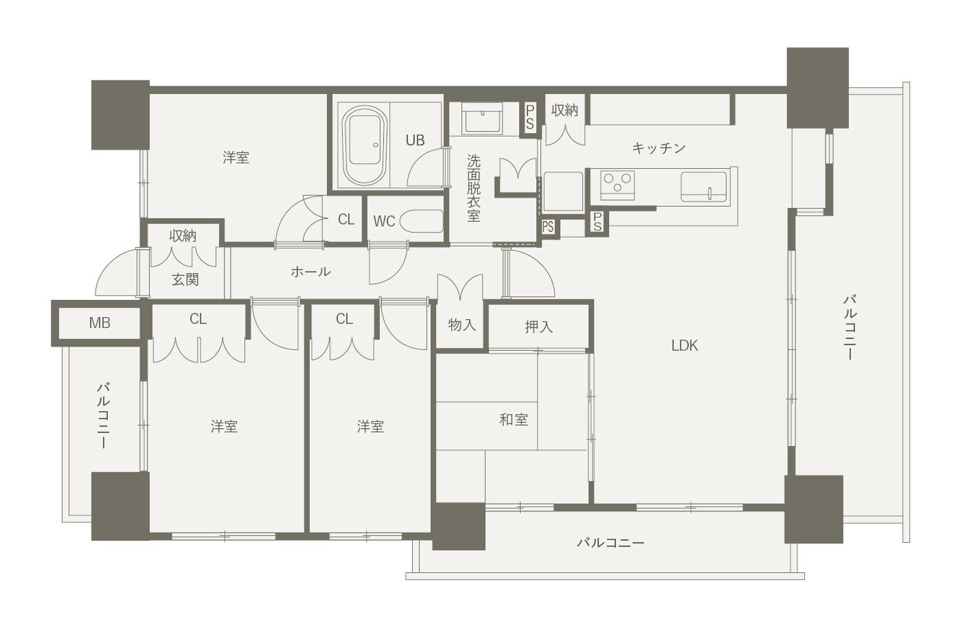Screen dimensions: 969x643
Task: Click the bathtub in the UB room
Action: pyautogui.click(x=364, y=145)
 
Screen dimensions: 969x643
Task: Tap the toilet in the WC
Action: pyautogui.click(x=422, y=221)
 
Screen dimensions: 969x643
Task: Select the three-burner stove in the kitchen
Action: pyautogui.click(x=617, y=185)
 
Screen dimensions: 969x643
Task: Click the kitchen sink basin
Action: pyautogui.click(x=704, y=187)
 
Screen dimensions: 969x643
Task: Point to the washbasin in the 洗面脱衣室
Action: pyautogui.click(x=483, y=118)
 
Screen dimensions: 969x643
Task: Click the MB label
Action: pyautogui.click(x=100, y=323)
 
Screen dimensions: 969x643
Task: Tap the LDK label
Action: pyautogui.click(x=685, y=346)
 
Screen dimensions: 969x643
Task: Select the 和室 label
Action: pyautogui.click(x=514, y=419)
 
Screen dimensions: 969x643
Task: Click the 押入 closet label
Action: pyautogui.click(x=538, y=327)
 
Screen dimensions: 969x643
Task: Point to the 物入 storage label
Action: pyautogui.click(x=461, y=325)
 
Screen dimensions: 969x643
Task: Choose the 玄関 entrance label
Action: pyautogui.click(x=185, y=279)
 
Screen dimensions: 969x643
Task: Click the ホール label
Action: pyautogui.click(x=310, y=271)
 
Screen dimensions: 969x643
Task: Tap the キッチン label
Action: pyautogui.click(x=659, y=148)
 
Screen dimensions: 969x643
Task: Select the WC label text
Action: pyautogui.click(x=384, y=221)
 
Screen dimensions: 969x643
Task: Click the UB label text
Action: pyautogui.click(x=415, y=140)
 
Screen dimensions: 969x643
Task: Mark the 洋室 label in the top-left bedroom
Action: pyautogui.click(x=236, y=158)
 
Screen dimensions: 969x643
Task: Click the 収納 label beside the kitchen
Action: pyautogui.click(x=565, y=110)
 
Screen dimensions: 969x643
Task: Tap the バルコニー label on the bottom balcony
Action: pyautogui.click(x=611, y=542)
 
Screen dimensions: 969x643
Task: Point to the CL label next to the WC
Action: pyautogui.click(x=346, y=220)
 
